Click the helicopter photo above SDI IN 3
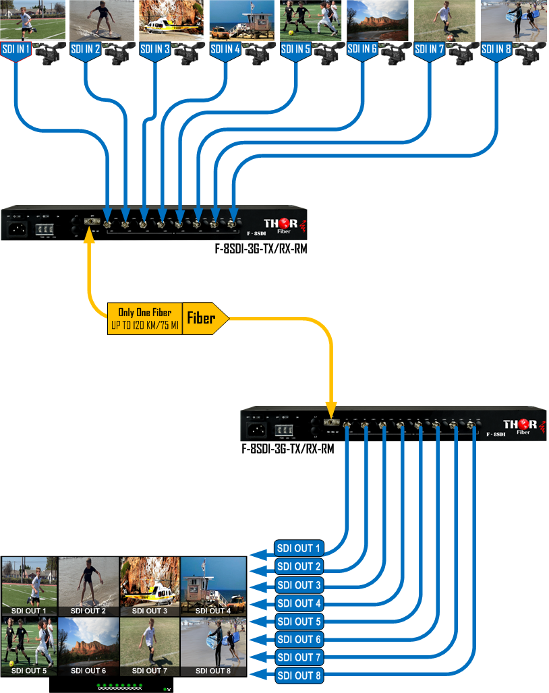click(171, 20)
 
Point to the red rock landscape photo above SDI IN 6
click(376, 20)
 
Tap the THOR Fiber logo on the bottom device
click(521, 427)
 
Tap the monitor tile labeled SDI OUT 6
click(88, 646)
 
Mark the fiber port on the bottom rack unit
click(330, 424)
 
